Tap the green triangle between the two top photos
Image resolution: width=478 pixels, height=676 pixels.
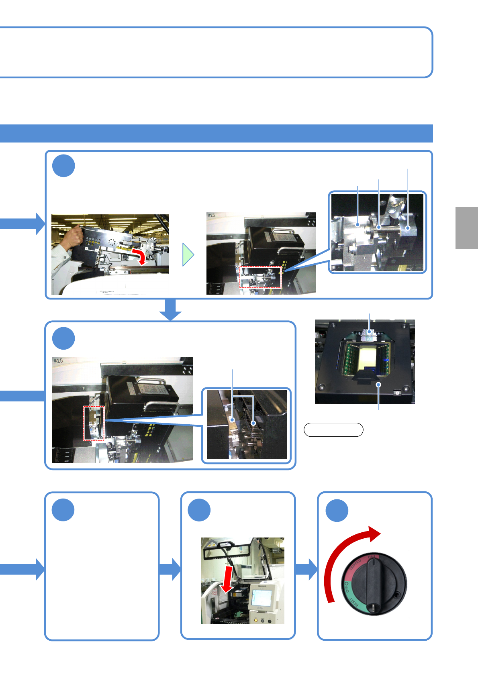(188, 255)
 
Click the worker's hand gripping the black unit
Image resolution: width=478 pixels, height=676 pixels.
(73, 237)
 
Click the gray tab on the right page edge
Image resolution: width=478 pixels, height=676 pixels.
(466, 228)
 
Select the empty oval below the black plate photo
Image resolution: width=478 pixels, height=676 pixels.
(333, 430)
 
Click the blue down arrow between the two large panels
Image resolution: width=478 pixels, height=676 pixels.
(171, 310)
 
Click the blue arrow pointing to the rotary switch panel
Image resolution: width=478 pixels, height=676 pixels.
(306, 569)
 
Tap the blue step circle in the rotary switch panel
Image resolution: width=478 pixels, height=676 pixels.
(337, 511)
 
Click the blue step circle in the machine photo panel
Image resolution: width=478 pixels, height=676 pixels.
(199, 510)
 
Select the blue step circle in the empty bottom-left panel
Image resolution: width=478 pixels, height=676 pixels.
(63, 510)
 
